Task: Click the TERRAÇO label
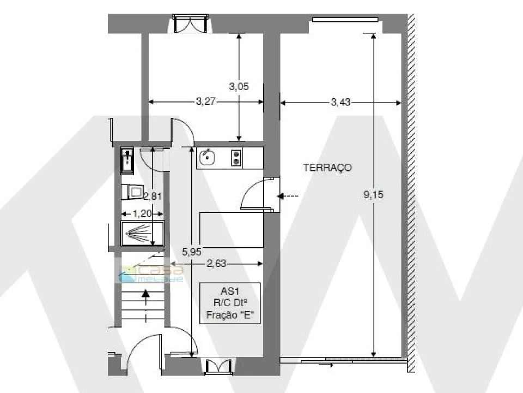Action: (327, 168)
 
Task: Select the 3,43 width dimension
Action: (340, 102)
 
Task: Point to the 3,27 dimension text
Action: (206, 102)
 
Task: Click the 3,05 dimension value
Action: (239, 86)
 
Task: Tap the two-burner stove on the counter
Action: (236, 158)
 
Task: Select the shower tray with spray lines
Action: (142, 234)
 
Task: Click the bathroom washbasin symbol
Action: (127, 160)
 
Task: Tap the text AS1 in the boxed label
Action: (229, 292)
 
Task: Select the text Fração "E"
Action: (230, 315)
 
